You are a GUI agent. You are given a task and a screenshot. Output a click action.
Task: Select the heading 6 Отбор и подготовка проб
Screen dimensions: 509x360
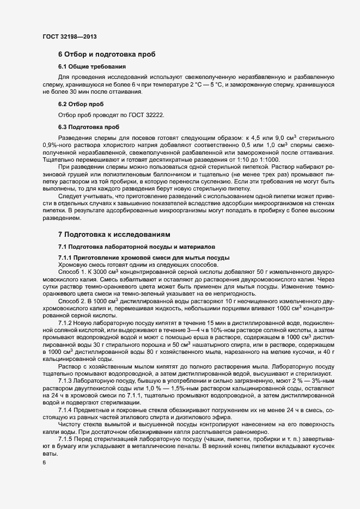(107, 54)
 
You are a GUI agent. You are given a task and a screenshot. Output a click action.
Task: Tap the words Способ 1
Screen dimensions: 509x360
(70, 271)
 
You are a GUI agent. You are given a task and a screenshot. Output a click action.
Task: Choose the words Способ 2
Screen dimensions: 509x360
(70, 301)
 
